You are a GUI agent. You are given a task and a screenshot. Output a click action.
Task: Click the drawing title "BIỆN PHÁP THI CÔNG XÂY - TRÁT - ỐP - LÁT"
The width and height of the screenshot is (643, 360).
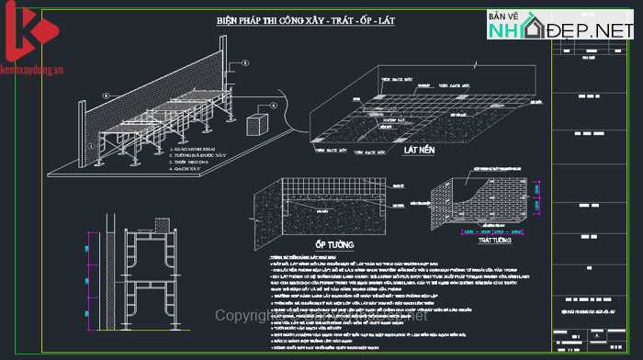tap(305, 19)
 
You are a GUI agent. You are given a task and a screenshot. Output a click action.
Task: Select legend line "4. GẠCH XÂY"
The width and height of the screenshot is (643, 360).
tap(187, 171)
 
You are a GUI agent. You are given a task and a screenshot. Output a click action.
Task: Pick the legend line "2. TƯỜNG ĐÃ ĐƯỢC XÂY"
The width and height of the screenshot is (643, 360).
tap(197, 155)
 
